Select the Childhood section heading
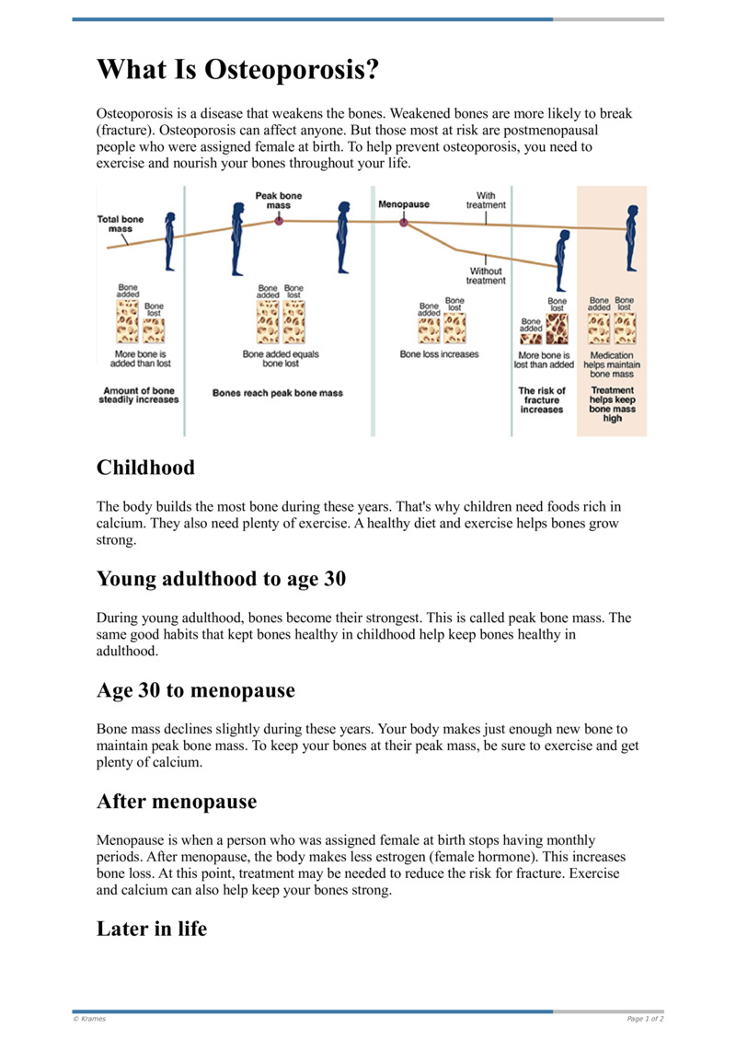[145, 468]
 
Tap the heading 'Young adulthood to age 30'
[221, 579]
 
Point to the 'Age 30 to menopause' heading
[195, 689]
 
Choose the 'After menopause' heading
[177, 802]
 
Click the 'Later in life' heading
[152, 929]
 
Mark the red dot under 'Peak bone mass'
[279, 221]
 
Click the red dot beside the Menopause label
[403, 222]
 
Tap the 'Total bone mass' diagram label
[121, 224]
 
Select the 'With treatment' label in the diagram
[486, 201]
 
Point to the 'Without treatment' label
[486, 276]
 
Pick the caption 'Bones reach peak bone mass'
[278, 393]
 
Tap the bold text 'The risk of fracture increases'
[542, 399]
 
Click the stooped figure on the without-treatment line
[559, 261]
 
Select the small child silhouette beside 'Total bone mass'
[169, 241]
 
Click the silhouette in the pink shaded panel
[631, 237]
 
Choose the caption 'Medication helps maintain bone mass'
[612, 364]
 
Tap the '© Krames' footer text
[89, 1019]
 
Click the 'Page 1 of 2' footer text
[645, 1019]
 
